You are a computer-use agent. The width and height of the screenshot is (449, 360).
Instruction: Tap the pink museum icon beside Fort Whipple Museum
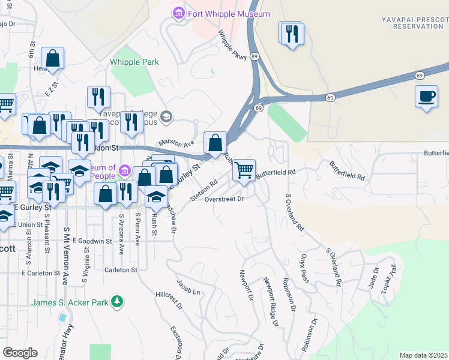pos(178,13)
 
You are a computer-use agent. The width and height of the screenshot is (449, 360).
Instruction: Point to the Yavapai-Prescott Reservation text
pos(414,23)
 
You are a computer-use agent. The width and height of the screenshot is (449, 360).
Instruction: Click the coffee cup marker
pos(426,97)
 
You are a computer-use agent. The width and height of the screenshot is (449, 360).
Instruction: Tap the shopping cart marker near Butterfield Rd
pos(244,170)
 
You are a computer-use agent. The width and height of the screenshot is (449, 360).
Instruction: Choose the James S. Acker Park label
pos(70,302)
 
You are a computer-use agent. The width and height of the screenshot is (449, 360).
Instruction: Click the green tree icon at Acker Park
pos(119,302)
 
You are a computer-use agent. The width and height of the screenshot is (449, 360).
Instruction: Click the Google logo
pos(20,353)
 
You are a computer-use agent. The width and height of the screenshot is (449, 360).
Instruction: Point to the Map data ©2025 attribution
pos(423,355)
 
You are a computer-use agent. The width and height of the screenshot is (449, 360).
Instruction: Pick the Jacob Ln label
pos(187,286)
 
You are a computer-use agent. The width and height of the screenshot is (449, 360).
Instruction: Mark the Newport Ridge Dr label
pos(271,302)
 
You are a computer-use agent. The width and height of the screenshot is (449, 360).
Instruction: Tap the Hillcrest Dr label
pos(168,300)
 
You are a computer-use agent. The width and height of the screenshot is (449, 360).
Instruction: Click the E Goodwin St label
pos(92,241)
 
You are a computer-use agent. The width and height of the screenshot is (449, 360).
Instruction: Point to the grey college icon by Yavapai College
pos(166,116)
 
